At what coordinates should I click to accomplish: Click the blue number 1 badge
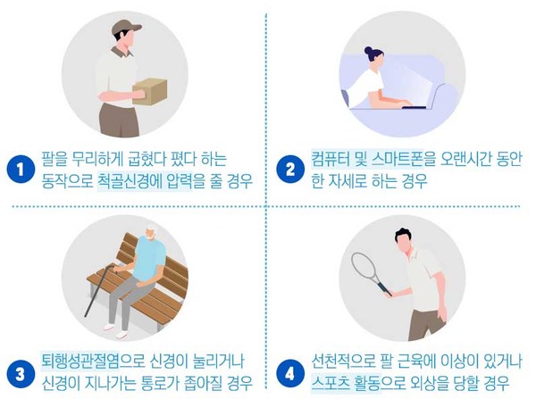pyautogui.click(x=21, y=170)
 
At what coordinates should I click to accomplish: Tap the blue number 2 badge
pyautogui.click(x=289, y=170)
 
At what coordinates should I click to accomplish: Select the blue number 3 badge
pyautogui.click(x=21, y=374)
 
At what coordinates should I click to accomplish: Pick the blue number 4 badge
pyautogui.click(x=289, y=374)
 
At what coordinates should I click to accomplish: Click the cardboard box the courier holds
pyautogui.click(x=150, y=91)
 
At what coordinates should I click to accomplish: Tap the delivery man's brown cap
pyautogui.click(x=126, y=27)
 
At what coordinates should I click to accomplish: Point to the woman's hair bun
pyautogui.click(x=368, y=51)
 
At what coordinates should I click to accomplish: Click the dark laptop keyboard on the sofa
pyautogui.click(x=414, y=107)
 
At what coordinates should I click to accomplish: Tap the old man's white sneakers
pyautogui.click(x=115, y=330)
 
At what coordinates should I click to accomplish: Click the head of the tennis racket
pyautogui.click(x=364, y=267)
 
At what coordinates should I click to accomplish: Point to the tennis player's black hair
pyautogui.click(x=405, y=235)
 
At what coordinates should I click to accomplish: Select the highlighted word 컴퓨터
pyautogui.click(x=329, y=159)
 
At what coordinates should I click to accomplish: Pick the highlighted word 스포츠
pyautogui.click(x=331, y=383)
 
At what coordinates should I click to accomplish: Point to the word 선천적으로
pyautogui.click(x=343, y=361)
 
